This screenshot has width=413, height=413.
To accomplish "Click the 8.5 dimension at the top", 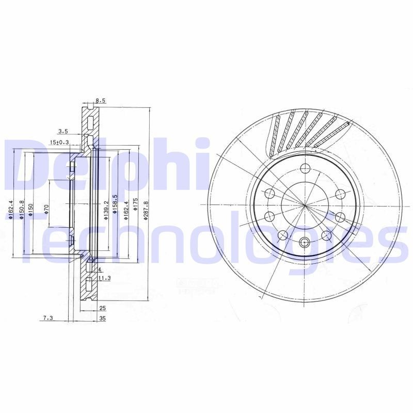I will (101, 101).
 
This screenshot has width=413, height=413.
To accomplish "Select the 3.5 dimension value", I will (63, 131).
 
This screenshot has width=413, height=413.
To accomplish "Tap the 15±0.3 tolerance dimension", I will (59, 142).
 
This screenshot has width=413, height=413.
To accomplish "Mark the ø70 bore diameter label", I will (46, 210).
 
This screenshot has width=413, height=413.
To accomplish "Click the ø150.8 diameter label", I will (22, 210).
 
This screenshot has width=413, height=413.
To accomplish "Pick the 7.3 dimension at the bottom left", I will (48, 319).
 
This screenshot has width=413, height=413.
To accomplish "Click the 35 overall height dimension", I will (102, 319).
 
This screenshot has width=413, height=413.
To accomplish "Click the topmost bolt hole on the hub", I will (305, 168).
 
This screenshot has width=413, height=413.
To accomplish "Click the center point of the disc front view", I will (305, 205).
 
